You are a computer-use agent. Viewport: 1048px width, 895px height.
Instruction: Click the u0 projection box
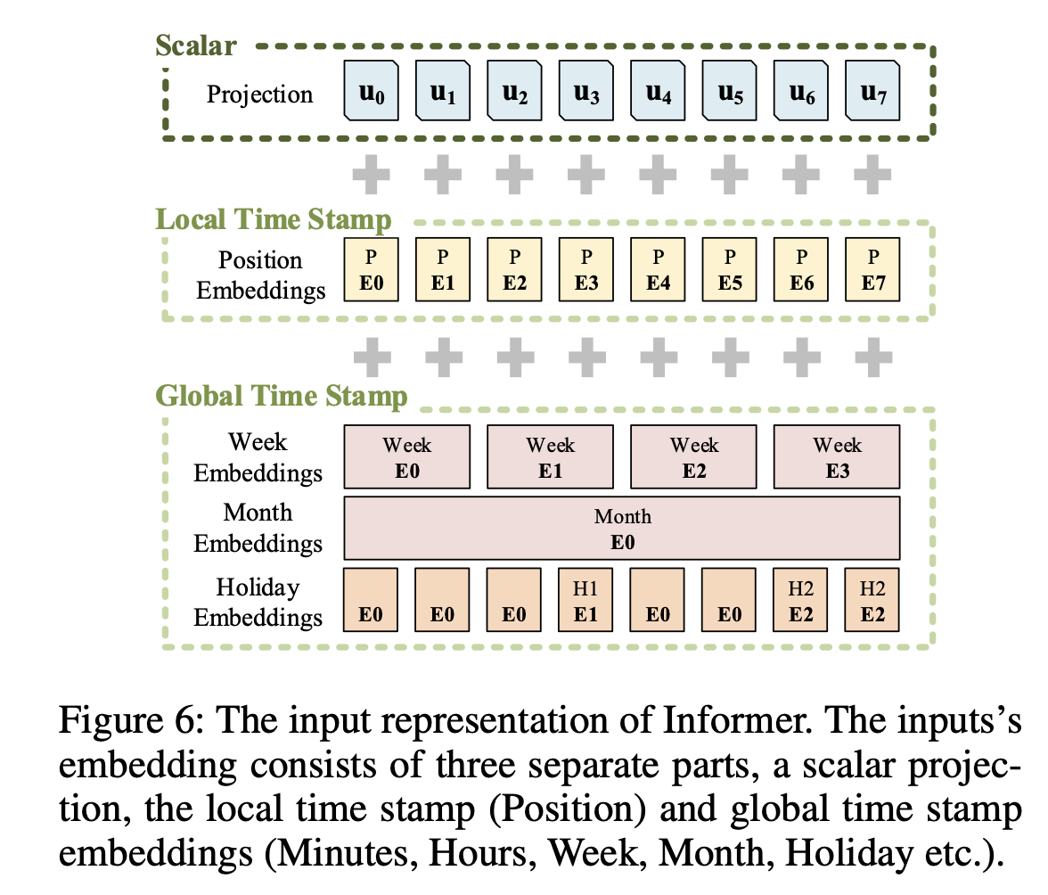point(372,92)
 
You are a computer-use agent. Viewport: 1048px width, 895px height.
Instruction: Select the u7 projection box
point(872,92)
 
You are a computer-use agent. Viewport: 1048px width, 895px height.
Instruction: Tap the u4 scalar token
point(659,92)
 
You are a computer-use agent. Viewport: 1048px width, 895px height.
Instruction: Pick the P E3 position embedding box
point(585,269)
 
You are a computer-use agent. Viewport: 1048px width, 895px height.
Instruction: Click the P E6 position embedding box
point(801,269)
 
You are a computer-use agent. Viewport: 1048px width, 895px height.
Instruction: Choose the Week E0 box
point(407,456)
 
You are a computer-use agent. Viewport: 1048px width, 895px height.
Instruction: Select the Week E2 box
point(694,456)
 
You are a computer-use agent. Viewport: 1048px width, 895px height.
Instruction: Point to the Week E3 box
point(837,456)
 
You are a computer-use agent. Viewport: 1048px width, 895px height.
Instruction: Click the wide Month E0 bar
point(622,529)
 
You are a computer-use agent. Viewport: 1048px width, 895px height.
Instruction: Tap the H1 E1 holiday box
point(585,601)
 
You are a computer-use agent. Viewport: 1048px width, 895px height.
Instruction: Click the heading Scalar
point(197,45)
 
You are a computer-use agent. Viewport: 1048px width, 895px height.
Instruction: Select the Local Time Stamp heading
point(273,220)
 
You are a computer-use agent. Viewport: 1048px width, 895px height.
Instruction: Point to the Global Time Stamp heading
point(282,395)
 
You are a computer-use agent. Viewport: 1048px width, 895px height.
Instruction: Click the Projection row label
point(260,94)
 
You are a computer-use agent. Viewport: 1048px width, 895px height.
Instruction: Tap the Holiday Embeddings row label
point(258,603)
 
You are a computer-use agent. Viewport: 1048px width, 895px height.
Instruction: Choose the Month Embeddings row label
point(258,528)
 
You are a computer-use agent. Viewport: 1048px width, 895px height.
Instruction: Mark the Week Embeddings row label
point(258,456)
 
